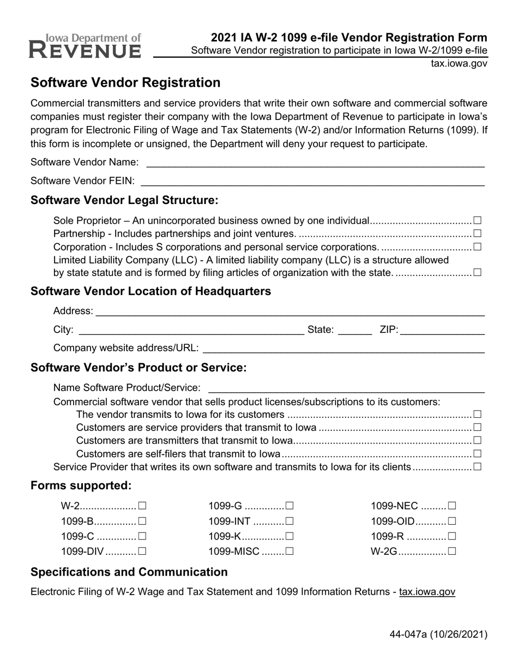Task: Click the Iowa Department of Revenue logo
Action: click(86, 46)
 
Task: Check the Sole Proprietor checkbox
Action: click(477, 220)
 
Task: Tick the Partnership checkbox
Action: click(477, 233)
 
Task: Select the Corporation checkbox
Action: click(477, 247)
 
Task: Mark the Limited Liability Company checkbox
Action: click(477, 272)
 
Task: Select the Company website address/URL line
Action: click(344, 348)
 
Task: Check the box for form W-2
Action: click(142, 506)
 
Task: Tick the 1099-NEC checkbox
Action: click(451, 506)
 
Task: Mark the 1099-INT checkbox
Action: click(289, 522)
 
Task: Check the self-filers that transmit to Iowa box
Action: click(477, 453)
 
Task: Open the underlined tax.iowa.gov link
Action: click(427, 592)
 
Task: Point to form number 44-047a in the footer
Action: click(438, 634)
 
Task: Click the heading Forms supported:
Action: click(81, 486)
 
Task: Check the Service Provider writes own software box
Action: click(477, 466)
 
